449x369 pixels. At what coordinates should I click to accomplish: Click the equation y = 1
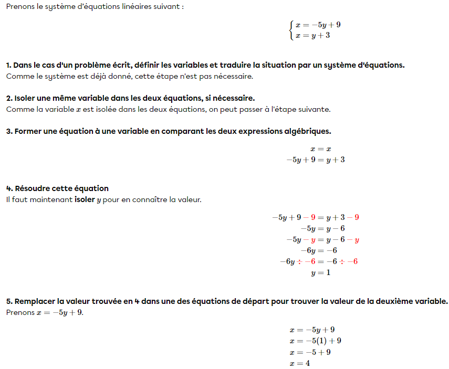[320, 273]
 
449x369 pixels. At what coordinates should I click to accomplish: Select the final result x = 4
[299, 363]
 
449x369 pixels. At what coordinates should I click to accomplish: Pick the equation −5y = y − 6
[322, 229]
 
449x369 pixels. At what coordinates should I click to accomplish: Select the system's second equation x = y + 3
[312, 36]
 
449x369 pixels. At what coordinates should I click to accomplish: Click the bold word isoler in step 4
[85, 200]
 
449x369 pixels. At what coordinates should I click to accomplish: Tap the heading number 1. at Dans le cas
[9, 66]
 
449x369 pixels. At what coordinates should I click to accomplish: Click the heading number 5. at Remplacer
[9, 302]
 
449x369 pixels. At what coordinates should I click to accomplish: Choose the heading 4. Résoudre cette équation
[57, 188]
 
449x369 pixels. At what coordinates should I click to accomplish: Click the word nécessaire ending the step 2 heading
[235, 98]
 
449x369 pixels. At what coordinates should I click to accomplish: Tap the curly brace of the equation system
[291, 30]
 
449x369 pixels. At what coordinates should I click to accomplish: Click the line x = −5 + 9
[310, 352]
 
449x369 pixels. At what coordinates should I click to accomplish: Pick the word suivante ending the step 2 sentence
[315, 109]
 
